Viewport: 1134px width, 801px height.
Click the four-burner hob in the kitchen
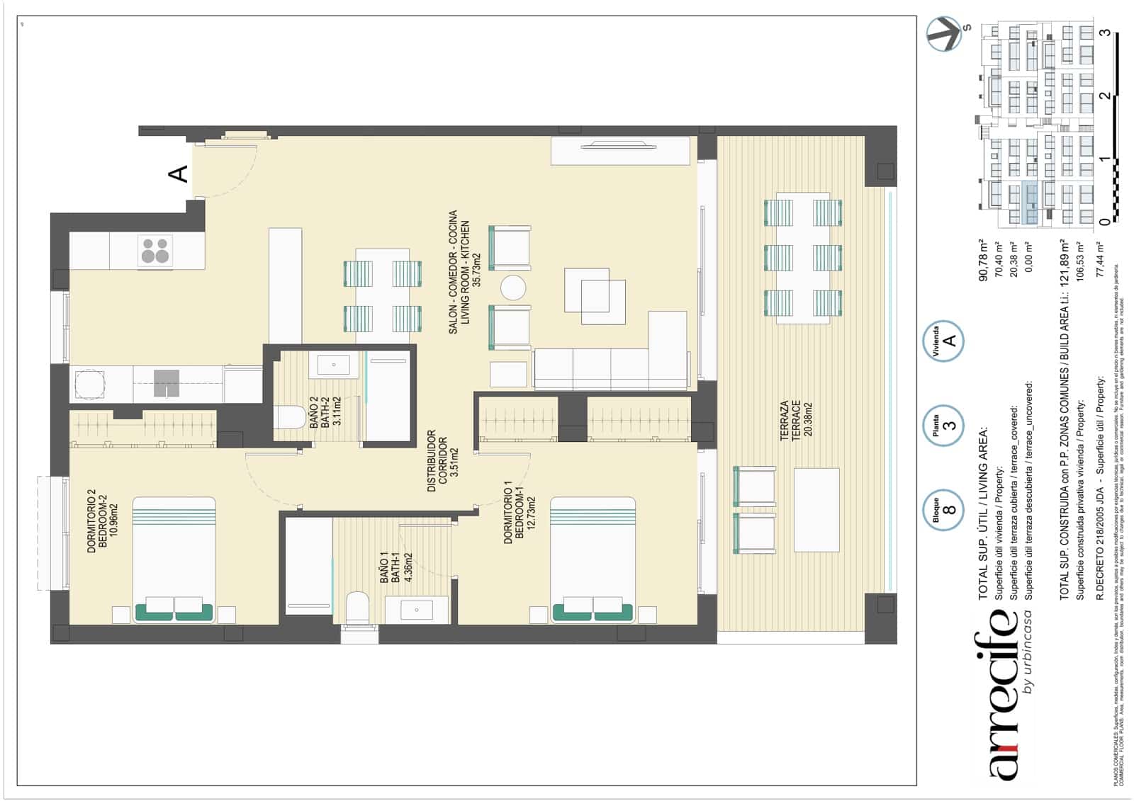[x=155, y=250]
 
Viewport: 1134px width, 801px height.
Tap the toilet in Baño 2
[x=288, y=416]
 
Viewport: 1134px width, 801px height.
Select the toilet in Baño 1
[x=357, y=608]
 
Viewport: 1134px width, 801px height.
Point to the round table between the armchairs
[x=512, y=288]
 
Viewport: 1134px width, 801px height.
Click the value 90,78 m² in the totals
[x=983, y=261]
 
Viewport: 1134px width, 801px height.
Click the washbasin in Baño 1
[x=417, y=609]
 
